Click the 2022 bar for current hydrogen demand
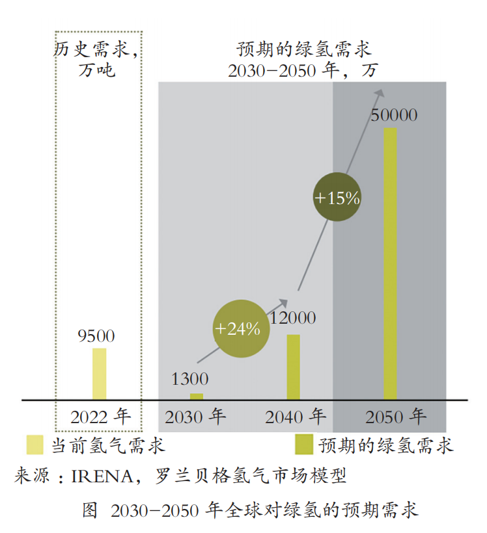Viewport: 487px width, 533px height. (x=99, y=374)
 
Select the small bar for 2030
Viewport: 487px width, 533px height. (x=197, y=396)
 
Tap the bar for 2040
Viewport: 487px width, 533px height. (x=294, y=367)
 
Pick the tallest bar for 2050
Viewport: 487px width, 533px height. (x=390, y=263)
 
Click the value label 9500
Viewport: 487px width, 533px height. (x=96, y=336)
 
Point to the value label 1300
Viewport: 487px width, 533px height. (x=189, y=380)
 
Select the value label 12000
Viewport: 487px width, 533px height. (x=292, y=318)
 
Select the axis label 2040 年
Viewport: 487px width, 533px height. (x=295, y=416)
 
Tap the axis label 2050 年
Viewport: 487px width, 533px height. (x=395, y=416)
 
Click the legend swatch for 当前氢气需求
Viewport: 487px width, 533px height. (x=35, y=445)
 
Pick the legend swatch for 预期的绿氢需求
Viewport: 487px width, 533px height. (x=303, y=445)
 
